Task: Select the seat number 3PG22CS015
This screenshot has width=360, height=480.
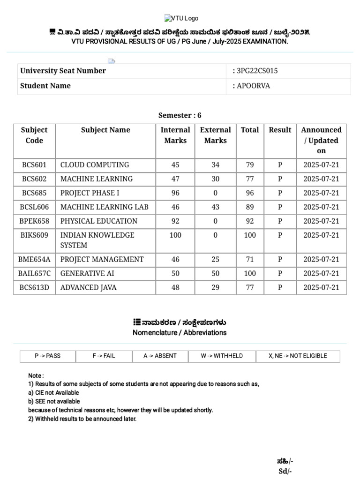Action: (x=257, y=71)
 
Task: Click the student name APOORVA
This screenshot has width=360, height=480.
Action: (x=254, y=86)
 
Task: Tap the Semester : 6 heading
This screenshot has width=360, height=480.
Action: (x=180, y=115)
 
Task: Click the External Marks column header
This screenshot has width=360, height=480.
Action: (x=215, y=135)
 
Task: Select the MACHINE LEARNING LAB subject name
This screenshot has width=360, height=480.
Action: (x=104, y=207)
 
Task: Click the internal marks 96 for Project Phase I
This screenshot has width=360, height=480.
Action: (x=175, y=193)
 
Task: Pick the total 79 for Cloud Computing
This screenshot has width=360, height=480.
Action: (x=249, y=165)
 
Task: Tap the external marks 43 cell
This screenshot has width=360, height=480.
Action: (x=215, y=207)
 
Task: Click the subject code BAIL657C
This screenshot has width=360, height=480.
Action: (x=34, y=274)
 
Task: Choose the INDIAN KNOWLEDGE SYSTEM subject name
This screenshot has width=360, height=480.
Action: (x=97, y=240)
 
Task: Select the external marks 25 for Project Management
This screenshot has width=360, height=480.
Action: (x=215, y=260)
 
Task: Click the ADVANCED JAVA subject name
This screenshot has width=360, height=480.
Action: (x=88, y=288)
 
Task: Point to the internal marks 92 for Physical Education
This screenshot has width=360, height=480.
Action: (x=175, y=221)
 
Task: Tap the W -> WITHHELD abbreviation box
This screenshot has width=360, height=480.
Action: (x=222, y=356)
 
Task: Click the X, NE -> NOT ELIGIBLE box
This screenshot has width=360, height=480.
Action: (x=298, y=356)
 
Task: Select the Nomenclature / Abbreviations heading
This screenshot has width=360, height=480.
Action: (x=180, y=333)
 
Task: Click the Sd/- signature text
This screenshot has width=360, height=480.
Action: (x=285, y=471)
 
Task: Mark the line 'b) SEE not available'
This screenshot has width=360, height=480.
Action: (x=54, y=402)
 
